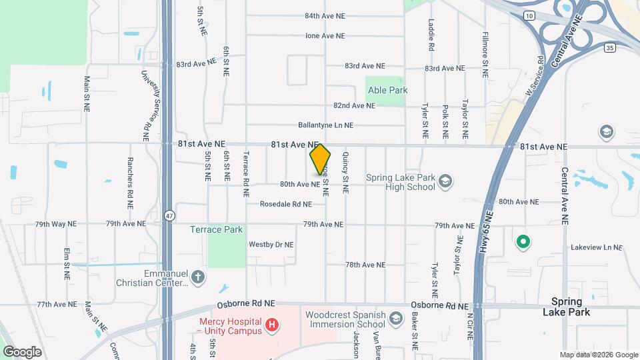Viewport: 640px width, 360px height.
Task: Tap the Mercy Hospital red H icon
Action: tap(271, 325)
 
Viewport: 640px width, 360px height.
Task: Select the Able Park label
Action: tap(386, 90)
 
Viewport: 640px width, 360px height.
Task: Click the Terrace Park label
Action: tap(217, 229)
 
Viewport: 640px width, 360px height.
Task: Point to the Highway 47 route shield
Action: tap(170, 215)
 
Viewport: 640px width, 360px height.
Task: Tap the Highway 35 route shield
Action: tap(611, 47)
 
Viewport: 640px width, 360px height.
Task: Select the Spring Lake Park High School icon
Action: tap(445, 180)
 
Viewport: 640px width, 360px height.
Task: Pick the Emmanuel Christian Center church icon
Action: tap(197, 277)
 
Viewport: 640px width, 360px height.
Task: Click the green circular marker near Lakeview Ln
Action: tap(523, 241)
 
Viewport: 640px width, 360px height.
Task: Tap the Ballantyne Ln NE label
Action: tap(325, 125)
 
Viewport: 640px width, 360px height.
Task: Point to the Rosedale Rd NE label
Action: tap(285, 204)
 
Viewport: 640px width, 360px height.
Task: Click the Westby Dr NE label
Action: tap(271, 245)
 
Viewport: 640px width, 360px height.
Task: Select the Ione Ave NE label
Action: tap(325, 36)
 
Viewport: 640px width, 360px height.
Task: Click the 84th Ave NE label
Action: tap(325, 15)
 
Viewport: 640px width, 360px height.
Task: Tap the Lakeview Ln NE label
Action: tap(595, 247)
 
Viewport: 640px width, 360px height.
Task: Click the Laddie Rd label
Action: tap(431, 35)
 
